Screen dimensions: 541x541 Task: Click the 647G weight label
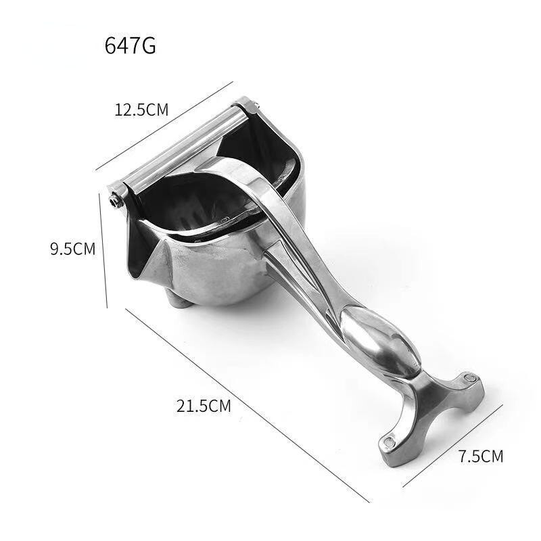[130, 45]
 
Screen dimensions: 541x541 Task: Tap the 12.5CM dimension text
[141, 110]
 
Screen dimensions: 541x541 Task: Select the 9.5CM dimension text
[73, 249]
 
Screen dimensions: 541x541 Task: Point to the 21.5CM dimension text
[204, 406]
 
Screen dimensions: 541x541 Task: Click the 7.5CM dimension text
[481, 456]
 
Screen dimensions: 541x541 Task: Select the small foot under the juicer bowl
[179, 301]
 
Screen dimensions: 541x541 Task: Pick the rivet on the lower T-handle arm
[390, 442]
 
